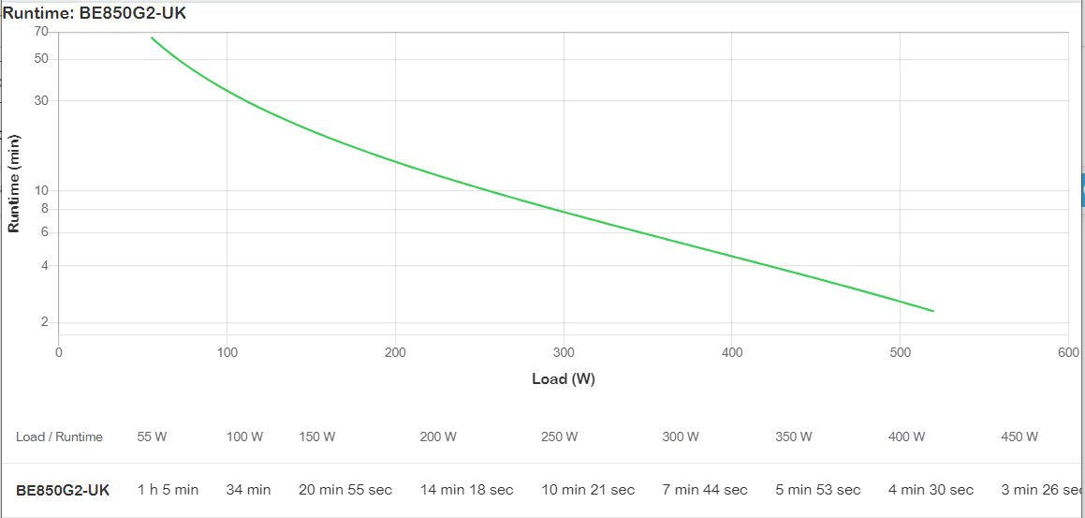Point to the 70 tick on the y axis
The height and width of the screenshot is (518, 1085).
(41, 32)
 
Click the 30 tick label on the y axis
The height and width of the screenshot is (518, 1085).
(41, 101)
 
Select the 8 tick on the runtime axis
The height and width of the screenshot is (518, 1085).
(44, 209)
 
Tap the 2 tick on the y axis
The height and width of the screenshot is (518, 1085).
(44, 323)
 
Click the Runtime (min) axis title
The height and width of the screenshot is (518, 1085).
(14, 182)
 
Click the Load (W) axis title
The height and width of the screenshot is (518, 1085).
(563, 379)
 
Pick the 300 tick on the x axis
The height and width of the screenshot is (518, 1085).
(564, 352)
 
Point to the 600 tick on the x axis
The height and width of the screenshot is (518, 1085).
(1067, 352)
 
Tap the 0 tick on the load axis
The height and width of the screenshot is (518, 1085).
(59, 352)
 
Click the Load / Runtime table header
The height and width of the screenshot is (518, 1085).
(59, 437)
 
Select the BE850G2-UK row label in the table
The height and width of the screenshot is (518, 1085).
(63, 490)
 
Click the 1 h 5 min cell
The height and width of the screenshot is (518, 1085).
(168, 490)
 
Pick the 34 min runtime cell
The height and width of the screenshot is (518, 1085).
(248, 490)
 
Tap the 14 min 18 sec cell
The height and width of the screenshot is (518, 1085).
(466, 490)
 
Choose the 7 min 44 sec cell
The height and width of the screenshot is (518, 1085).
(705, 490)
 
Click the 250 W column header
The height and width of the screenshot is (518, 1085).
(559, 437)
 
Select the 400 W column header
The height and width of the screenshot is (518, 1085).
(906, 437)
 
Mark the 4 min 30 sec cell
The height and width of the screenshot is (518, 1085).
(931, 490)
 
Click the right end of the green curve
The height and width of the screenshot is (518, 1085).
(932, 311)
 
